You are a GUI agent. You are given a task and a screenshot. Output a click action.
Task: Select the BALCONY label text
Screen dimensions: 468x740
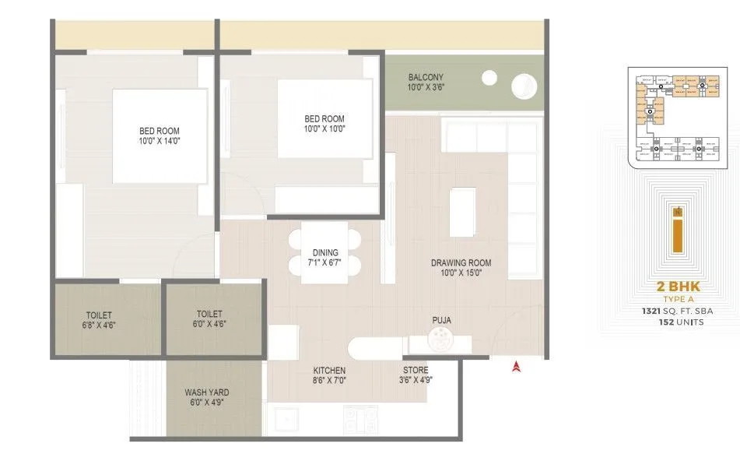pos(426,77)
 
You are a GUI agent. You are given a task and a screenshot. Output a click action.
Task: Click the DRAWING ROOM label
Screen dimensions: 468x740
pos(461,262)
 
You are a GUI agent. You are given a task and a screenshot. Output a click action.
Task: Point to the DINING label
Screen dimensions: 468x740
pos(325,252)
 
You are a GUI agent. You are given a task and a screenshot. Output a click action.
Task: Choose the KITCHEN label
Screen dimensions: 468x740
pos(330,370)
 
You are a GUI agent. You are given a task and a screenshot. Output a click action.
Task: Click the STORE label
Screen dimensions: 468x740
pos(416,370)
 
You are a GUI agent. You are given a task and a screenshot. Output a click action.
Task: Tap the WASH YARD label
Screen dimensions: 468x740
pos(206,392)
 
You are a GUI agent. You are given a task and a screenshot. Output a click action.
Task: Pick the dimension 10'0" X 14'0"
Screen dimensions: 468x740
pos(160,141)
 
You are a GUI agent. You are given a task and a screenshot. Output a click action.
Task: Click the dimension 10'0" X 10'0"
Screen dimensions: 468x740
pos(324,129)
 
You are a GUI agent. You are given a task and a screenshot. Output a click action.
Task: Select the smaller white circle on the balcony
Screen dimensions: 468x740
pos(490,77)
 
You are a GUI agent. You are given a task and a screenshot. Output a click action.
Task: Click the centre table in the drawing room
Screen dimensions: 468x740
pos(463,211)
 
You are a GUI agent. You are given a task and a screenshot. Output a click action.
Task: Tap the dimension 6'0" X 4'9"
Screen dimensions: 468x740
pos(206,403)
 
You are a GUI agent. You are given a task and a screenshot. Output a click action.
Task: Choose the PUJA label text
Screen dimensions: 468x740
pos(442,319)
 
